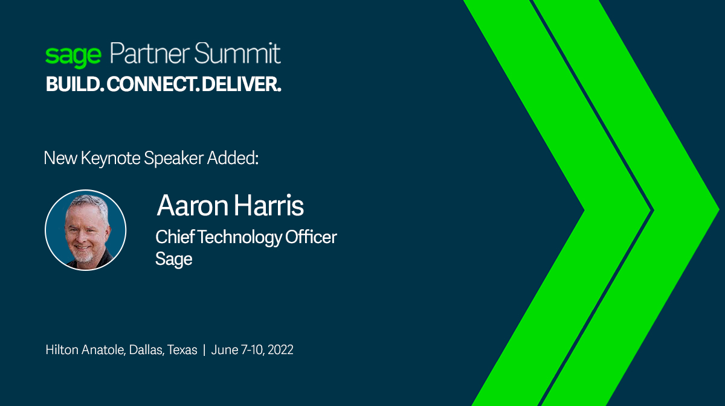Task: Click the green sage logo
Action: tap(73, 56)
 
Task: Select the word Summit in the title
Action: tap(238, 54)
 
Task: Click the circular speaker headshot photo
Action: tap(86, 230)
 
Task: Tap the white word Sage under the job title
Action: tap(174, 259)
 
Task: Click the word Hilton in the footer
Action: tap(62, 350)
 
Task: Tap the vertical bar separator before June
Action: tap(204, 350)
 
